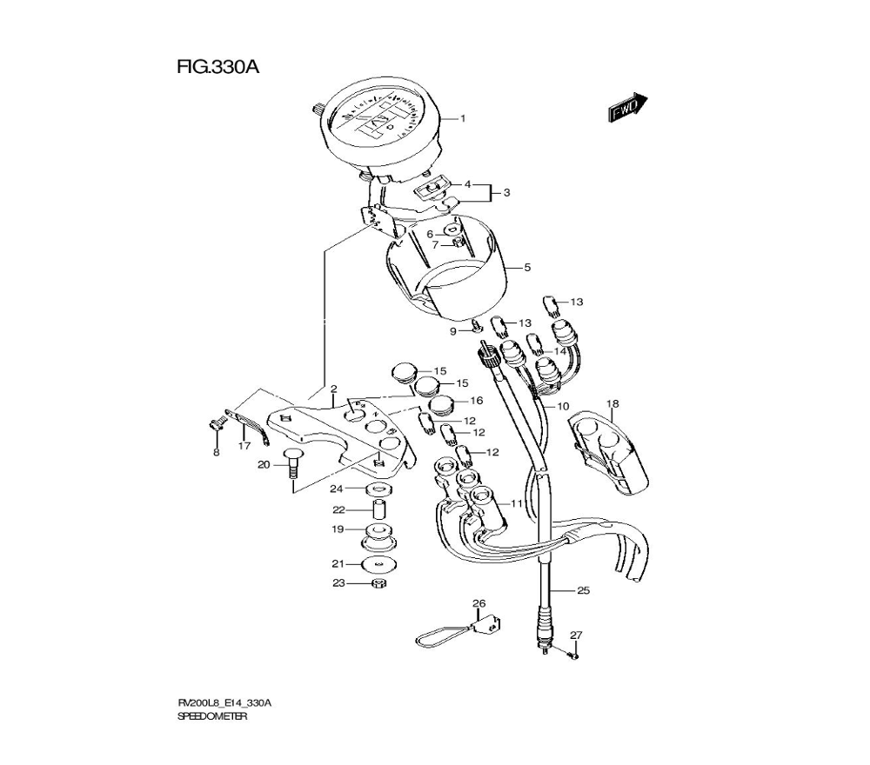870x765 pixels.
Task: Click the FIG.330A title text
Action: tap(217, 67)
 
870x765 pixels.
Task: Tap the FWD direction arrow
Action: tap(627, 107)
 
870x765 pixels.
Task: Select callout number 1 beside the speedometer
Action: tap(463, 119)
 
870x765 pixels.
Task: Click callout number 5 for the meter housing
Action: tap(526, 268)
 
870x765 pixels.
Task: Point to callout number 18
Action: tap(612, 403)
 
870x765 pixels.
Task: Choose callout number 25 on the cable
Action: tap(583, 591)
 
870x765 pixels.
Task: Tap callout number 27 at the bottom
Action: tap(575, 635)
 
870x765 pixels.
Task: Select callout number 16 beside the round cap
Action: tap(476, 401)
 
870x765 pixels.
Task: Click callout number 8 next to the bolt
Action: tap(216, 452)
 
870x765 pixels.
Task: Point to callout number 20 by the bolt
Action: tap(264, 465)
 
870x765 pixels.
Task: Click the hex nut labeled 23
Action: tap(378, 582)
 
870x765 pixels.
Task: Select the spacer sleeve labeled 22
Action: tap(379, 509)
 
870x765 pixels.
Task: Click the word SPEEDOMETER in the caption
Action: tap(213, 717)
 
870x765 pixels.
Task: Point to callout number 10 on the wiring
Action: tap(562, 407)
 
